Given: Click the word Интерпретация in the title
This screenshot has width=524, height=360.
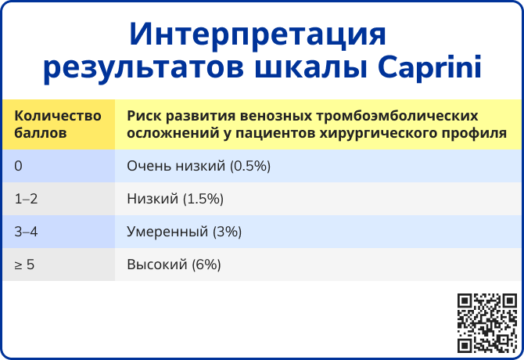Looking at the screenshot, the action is [257, 35].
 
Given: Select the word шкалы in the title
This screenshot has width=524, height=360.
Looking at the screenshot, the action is [310, 68].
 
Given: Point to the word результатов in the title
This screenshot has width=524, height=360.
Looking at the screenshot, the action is [143, 70].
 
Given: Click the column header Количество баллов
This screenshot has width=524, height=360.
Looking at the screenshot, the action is [58, 124].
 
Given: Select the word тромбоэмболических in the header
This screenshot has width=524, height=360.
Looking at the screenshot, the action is [397, 116].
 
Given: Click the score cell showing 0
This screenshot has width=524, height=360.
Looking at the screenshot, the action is [19, 166].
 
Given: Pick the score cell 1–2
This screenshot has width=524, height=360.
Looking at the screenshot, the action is [26, 199].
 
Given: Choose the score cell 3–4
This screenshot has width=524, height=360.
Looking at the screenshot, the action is [26, 232].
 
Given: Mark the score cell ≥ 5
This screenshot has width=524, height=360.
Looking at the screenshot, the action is [24, 265].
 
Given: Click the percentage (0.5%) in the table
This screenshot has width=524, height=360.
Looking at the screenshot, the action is [250, 166].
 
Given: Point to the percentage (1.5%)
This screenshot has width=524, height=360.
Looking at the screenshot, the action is [203, 200].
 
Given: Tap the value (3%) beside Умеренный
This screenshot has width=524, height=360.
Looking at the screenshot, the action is [228, 232].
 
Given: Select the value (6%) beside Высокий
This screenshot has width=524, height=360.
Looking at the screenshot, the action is [206, 265].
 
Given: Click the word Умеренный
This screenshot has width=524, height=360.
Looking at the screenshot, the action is [168, 232].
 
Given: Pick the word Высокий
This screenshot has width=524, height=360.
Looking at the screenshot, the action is [157, 265].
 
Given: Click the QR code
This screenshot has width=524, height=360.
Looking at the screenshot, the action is [487, 323].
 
